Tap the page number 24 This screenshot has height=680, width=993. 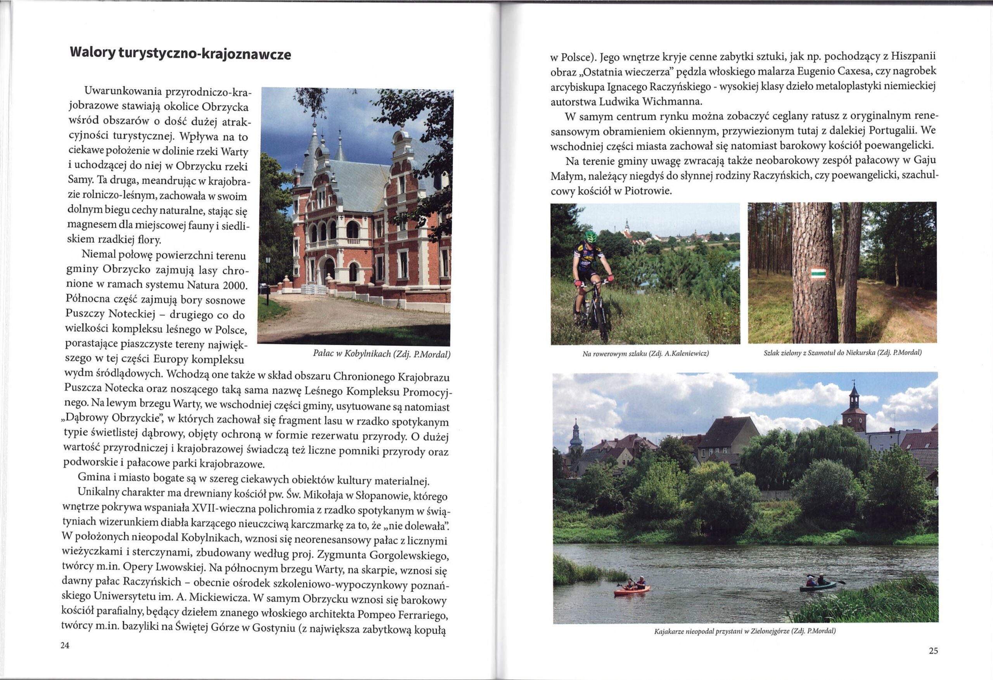[64, 646]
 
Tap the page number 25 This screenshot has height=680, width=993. [934, 651]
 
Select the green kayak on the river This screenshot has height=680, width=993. [817, 586]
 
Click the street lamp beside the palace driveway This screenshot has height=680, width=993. [268, 278]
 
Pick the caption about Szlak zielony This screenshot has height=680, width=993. [842, 353]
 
